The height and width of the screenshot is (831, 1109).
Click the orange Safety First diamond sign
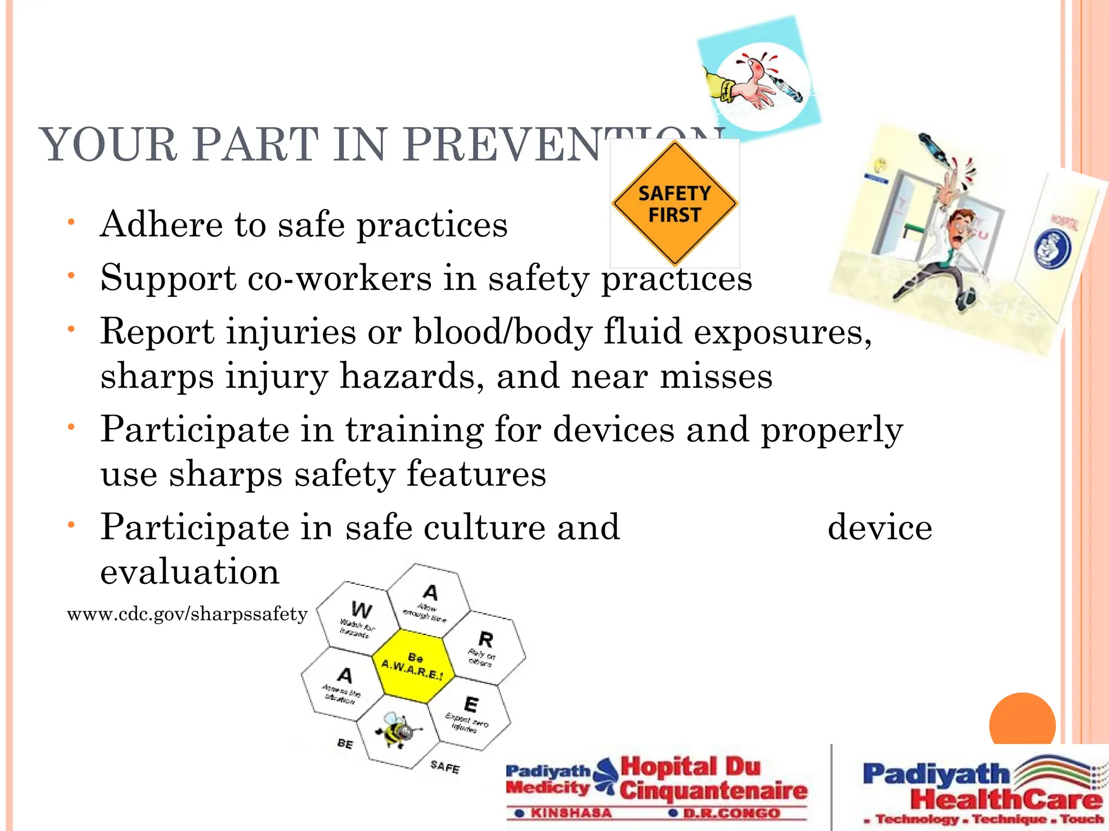tap(675, 203)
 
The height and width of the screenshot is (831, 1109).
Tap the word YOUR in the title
tap(108, 145)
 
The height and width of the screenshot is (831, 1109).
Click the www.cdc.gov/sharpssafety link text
tap(187, 615)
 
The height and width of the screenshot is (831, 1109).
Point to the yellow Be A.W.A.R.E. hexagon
tap(413, 667)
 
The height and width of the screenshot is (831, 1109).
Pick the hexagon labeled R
tap(485, 647)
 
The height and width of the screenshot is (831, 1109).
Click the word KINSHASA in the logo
tap(571, 813)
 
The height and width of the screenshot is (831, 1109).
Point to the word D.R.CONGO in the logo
tap(731, 813)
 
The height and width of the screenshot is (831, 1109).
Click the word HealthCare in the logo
tap(1006, 799)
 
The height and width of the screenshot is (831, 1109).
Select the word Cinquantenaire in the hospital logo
tap(714, 790)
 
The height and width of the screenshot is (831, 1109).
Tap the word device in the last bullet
tap(880, 527)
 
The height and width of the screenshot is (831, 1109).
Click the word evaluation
tap(190, 572)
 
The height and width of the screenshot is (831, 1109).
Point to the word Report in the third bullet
tap(158, 331)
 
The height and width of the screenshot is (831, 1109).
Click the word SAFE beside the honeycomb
tap(445, 767)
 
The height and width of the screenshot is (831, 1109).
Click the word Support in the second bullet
tap(168, 278)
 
